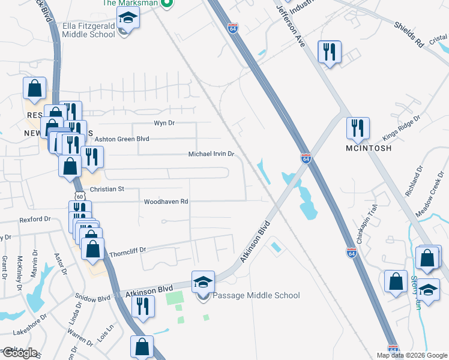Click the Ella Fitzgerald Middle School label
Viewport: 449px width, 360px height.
89,30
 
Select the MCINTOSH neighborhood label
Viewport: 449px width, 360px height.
369,148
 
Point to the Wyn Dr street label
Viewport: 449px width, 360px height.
164,123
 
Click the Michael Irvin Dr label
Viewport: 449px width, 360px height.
211,154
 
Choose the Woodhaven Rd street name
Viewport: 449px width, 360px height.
166,202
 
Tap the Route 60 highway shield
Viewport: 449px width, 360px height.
80,196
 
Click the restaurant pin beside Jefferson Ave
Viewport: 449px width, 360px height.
330,52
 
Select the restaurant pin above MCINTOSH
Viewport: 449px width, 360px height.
358,128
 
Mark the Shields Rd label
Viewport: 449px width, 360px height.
409,34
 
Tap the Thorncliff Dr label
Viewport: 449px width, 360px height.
128,248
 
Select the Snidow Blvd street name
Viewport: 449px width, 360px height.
92,297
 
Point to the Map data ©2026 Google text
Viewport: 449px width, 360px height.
412,355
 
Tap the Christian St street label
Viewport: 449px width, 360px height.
106,189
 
